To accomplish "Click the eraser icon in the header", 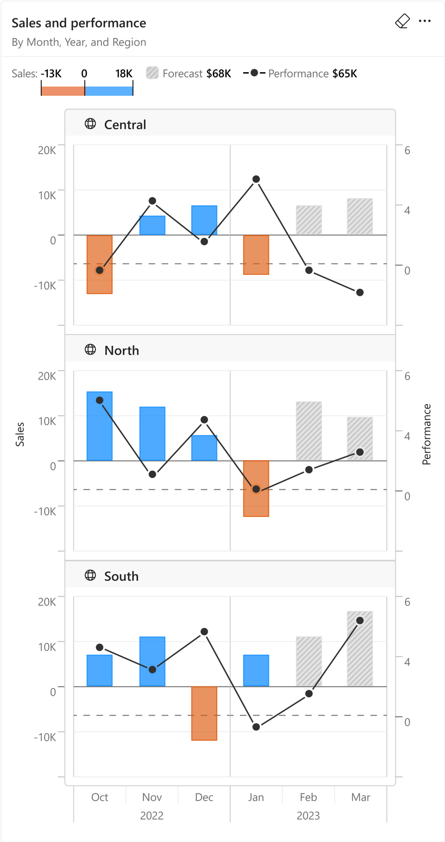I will click(402, 21).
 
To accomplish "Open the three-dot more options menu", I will click(425, 21).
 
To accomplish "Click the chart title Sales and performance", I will click(79, 23).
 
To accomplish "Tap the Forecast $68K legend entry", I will click(189, 74).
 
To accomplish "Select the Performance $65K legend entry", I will click(300, 74).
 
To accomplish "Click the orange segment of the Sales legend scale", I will click(63, 91).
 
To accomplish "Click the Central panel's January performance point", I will click(256, 179).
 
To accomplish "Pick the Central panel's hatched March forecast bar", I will click(360, 216).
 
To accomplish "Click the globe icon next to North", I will click(90, 350).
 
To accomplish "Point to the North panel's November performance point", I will click(153, 474).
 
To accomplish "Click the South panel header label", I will click(121, 576).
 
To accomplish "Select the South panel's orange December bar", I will click(204, 713).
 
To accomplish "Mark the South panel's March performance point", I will click(360, 621).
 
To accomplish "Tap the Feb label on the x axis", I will click(308, 797).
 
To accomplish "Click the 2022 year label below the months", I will click(152, 816).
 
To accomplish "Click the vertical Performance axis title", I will click(427, 434).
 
